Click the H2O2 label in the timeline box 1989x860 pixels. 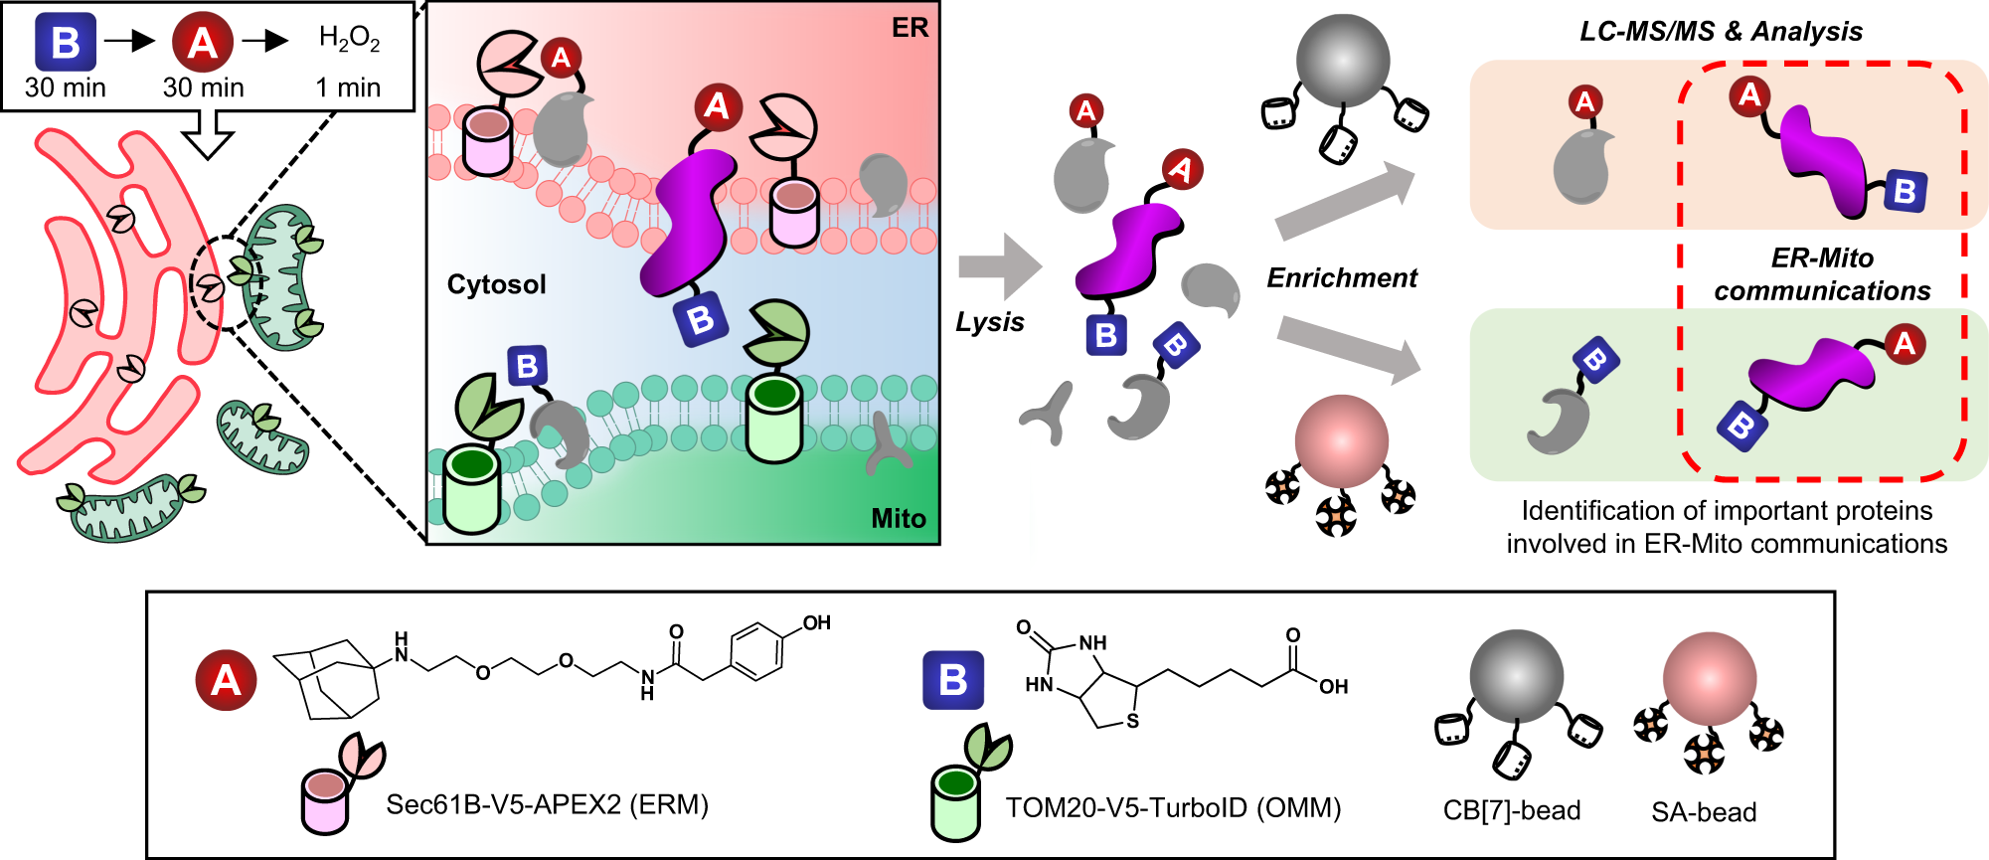point(349,39)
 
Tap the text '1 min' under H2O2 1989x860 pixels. point(348,87)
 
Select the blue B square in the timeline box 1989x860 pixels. point(66,43)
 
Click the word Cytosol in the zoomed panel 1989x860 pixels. point(496,284)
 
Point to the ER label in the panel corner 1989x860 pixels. point(910,28)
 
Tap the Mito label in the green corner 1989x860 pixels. point(898,518)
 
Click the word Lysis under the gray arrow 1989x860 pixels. point(989,321)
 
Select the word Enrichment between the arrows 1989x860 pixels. point(1341,277)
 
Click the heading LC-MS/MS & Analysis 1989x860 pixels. point(1721,31)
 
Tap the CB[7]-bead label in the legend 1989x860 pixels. point(1511,810)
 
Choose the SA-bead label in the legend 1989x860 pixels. point(1703,812)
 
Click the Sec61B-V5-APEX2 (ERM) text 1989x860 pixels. point(547,803)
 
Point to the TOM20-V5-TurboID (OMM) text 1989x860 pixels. point(1173,807)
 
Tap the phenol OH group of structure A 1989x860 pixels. point(816,623)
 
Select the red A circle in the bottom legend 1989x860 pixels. point(226,680)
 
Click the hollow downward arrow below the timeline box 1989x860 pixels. point(210,134)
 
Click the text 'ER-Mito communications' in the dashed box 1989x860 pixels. point(1821,274)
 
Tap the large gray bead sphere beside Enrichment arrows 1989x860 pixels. point(1343,61)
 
